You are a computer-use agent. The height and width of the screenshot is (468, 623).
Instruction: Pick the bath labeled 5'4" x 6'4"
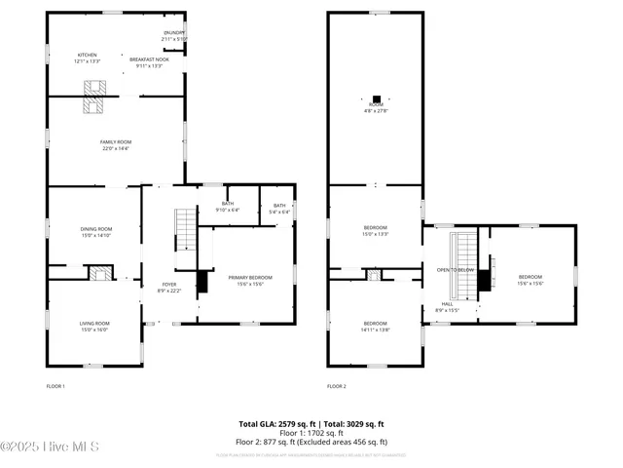[279, 208]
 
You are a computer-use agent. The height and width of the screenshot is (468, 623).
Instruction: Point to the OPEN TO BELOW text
[455, 270]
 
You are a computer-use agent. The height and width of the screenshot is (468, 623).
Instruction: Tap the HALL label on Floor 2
[447, 306]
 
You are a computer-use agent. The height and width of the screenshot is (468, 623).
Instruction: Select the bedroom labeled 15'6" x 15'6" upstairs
[530, 279]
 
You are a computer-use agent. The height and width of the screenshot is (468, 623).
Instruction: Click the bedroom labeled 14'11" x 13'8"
[376, 326]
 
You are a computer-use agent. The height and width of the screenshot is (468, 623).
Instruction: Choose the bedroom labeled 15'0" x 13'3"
[376, 231]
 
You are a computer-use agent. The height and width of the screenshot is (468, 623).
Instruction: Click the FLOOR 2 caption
[337, 387]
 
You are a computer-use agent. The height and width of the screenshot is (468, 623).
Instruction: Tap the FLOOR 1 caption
[55, 387]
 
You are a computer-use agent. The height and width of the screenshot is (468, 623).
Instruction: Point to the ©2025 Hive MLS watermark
[51, 448]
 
